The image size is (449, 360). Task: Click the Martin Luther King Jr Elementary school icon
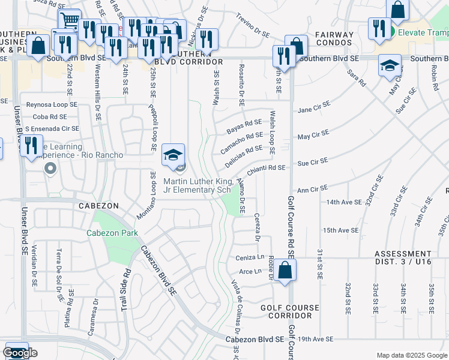pos(173,155)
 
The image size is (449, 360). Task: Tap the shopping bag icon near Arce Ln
pos(287,269)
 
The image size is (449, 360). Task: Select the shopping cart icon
pos(70,20)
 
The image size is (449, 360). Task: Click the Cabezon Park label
pos(112,233)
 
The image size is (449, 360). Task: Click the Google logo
pos(20,353)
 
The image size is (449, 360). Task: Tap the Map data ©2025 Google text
pos(411,355)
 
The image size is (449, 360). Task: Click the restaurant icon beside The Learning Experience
pos(30,146)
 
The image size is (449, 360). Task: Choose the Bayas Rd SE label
pos(244,126)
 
